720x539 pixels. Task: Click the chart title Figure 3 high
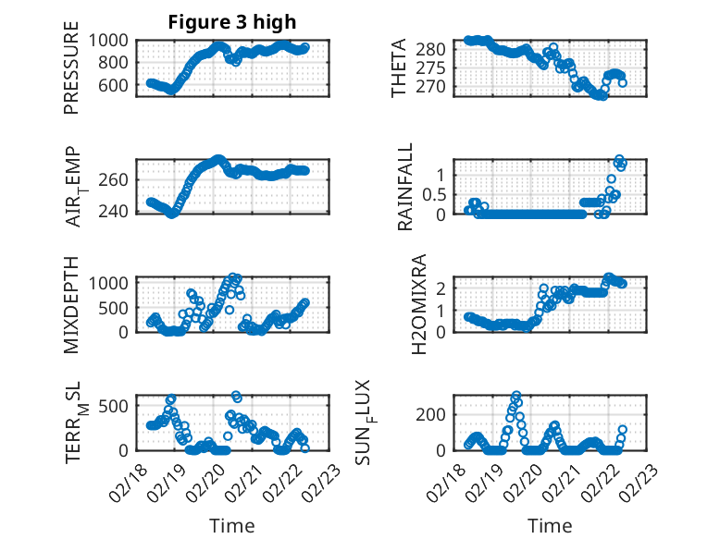click(232, 22)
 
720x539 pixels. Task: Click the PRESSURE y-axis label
click(71, 73)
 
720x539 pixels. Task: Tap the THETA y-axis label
click(399, 68)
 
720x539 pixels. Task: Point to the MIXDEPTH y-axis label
click(71, 304)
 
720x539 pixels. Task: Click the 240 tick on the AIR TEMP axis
click(118, 211)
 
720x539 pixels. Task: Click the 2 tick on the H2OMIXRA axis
click(444, 288)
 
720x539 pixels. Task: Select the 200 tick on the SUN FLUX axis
click(438, 413)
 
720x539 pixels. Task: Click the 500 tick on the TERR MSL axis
click(118, 405)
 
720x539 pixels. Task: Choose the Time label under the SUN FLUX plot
click(550, 526)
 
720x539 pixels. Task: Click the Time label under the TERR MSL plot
click(232, 526)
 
